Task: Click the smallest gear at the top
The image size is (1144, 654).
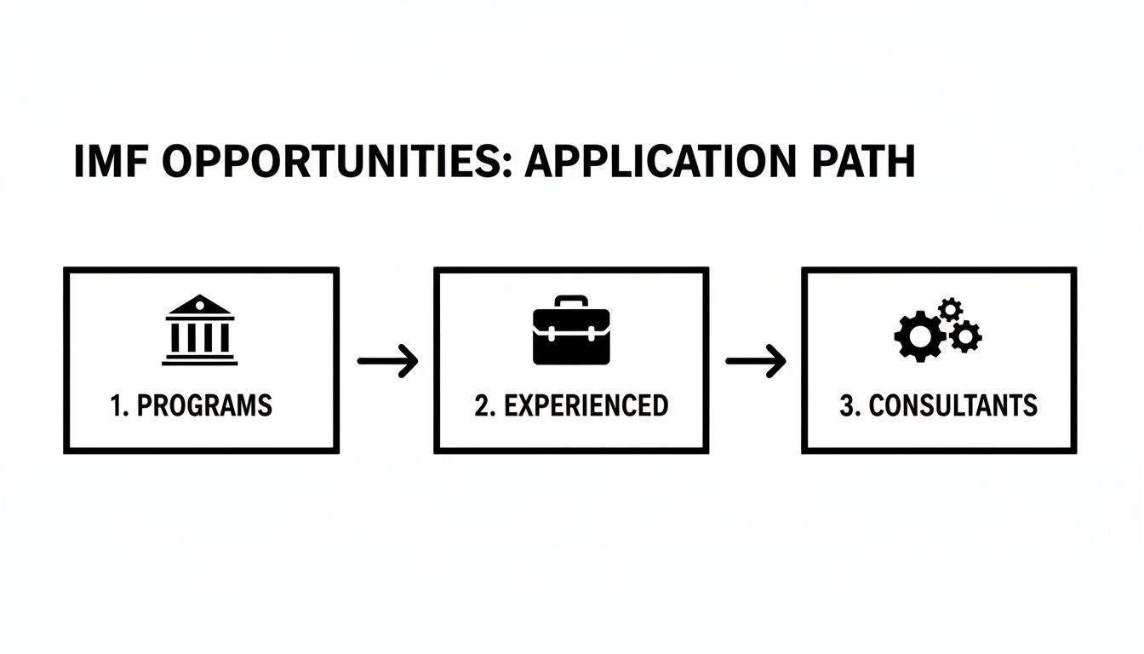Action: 950,308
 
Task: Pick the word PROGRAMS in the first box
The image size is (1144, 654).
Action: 204,405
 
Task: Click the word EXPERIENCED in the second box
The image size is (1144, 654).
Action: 586,405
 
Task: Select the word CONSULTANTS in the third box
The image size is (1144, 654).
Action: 952,405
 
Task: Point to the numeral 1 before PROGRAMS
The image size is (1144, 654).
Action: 117,405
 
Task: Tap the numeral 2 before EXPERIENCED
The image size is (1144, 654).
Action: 483,405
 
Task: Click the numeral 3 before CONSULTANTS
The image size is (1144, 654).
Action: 847,405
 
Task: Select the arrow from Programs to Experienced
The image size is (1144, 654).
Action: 387,361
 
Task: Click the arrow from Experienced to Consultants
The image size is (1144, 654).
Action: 755,361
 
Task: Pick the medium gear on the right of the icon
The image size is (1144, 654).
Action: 965,336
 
